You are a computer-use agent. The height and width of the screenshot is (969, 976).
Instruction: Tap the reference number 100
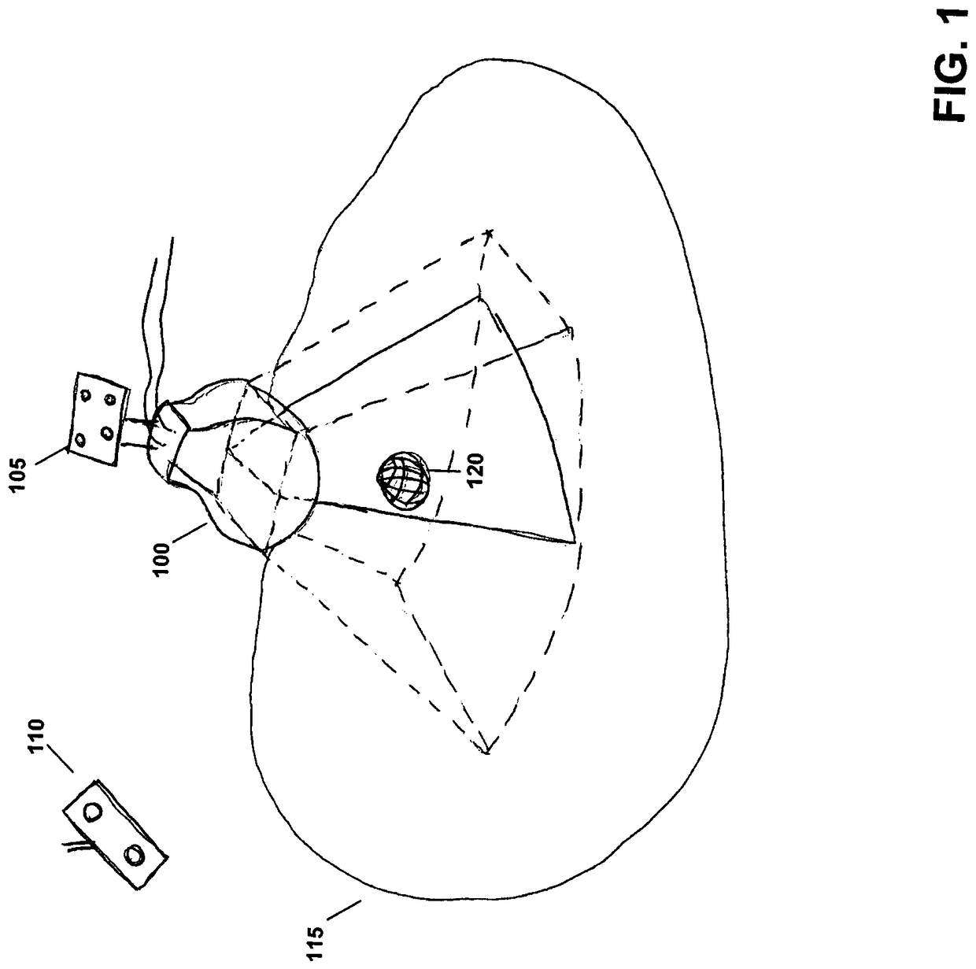coord(164,555)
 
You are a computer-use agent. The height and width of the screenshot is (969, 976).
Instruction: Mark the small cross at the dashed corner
coord(489,233)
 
